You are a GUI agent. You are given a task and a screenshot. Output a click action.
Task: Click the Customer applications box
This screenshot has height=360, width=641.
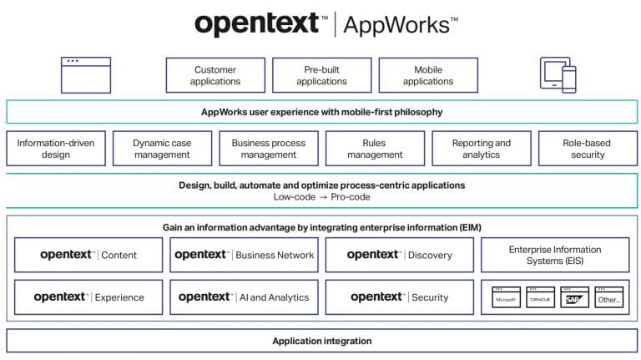click(x=215, y=75)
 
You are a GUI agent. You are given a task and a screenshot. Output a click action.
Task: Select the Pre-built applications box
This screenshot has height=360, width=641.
click(x=321, y=75)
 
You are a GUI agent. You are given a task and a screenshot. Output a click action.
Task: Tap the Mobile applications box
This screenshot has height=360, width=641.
click(x=428, y=75)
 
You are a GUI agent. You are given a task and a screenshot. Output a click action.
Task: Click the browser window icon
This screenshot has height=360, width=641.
click(x=85, y=74)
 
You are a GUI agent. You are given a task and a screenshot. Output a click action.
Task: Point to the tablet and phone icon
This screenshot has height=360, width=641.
click(x=558, y=75)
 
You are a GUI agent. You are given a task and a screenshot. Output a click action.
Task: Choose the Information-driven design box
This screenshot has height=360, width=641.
click(x=55, y=149)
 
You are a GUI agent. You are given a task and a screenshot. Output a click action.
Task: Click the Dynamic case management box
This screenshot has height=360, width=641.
click(x=162, y=149)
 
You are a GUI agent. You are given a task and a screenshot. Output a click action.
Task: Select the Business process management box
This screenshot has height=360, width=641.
click(x=269, y=149)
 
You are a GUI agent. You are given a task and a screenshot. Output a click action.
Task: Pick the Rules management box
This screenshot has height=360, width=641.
click(x=375, y=149)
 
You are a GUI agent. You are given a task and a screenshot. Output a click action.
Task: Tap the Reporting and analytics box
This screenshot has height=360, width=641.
click(x=481, y=149)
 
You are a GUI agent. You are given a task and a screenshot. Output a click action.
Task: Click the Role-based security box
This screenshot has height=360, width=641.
click(x=587, y=149)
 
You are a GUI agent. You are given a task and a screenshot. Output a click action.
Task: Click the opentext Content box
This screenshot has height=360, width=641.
click(x=88, y=255)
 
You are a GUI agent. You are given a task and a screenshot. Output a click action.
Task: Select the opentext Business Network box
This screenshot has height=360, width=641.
click(x=244, y=255)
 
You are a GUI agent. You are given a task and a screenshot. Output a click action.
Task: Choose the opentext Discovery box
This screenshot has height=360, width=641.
click(x=399, y=255)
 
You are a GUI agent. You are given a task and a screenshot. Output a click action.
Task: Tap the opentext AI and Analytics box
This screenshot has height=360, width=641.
click(x=244, y=297)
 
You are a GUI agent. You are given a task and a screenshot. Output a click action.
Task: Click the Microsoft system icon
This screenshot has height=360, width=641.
click(x=506, y=297)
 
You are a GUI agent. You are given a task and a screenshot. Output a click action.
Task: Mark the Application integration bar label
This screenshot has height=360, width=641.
click(x=321, y=341)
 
